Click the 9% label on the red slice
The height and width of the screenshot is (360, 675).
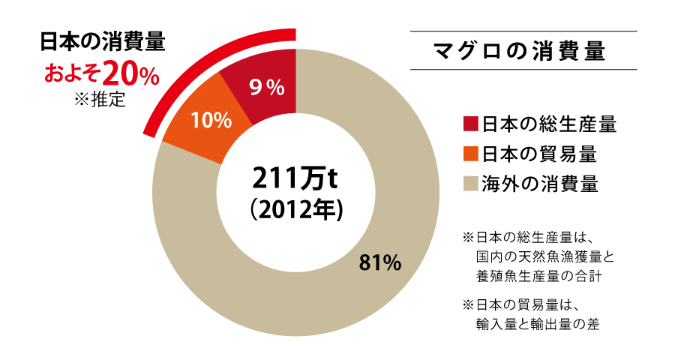[x=265, y=88]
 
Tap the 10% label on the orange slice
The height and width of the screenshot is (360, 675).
[x=211, y=122]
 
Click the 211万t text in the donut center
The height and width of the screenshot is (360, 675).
[x=295, y=179]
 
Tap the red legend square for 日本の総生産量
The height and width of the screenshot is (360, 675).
[x=471, y=124]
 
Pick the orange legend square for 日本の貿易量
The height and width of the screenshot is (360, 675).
[x=471, y=154]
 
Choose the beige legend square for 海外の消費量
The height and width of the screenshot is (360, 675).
[x=471, y=183]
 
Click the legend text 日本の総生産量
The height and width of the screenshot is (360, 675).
[x=548, y=124]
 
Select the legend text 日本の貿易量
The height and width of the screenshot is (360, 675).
[x=538, y=154]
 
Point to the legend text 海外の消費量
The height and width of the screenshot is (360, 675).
[x=538, y=183]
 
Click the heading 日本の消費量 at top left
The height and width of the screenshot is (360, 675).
[x=102, y=41]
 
